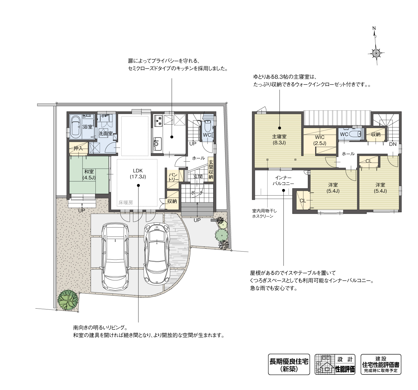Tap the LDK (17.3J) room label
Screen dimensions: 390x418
point(138,174)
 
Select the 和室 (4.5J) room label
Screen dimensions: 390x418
point(89,175)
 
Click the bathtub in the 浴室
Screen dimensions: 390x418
point(76,126)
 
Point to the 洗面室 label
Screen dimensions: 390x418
point(105,134)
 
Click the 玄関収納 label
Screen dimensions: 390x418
point(211,170)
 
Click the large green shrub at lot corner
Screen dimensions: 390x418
point(68,300)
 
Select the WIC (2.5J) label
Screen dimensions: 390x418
point(320,140)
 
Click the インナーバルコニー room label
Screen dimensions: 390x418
point(283,181)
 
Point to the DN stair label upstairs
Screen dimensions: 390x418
point(393,144)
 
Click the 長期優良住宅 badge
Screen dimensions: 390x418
point(289,364)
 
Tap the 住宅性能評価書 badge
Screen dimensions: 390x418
point(381,364)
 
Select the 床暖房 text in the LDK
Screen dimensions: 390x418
point(125,202)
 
